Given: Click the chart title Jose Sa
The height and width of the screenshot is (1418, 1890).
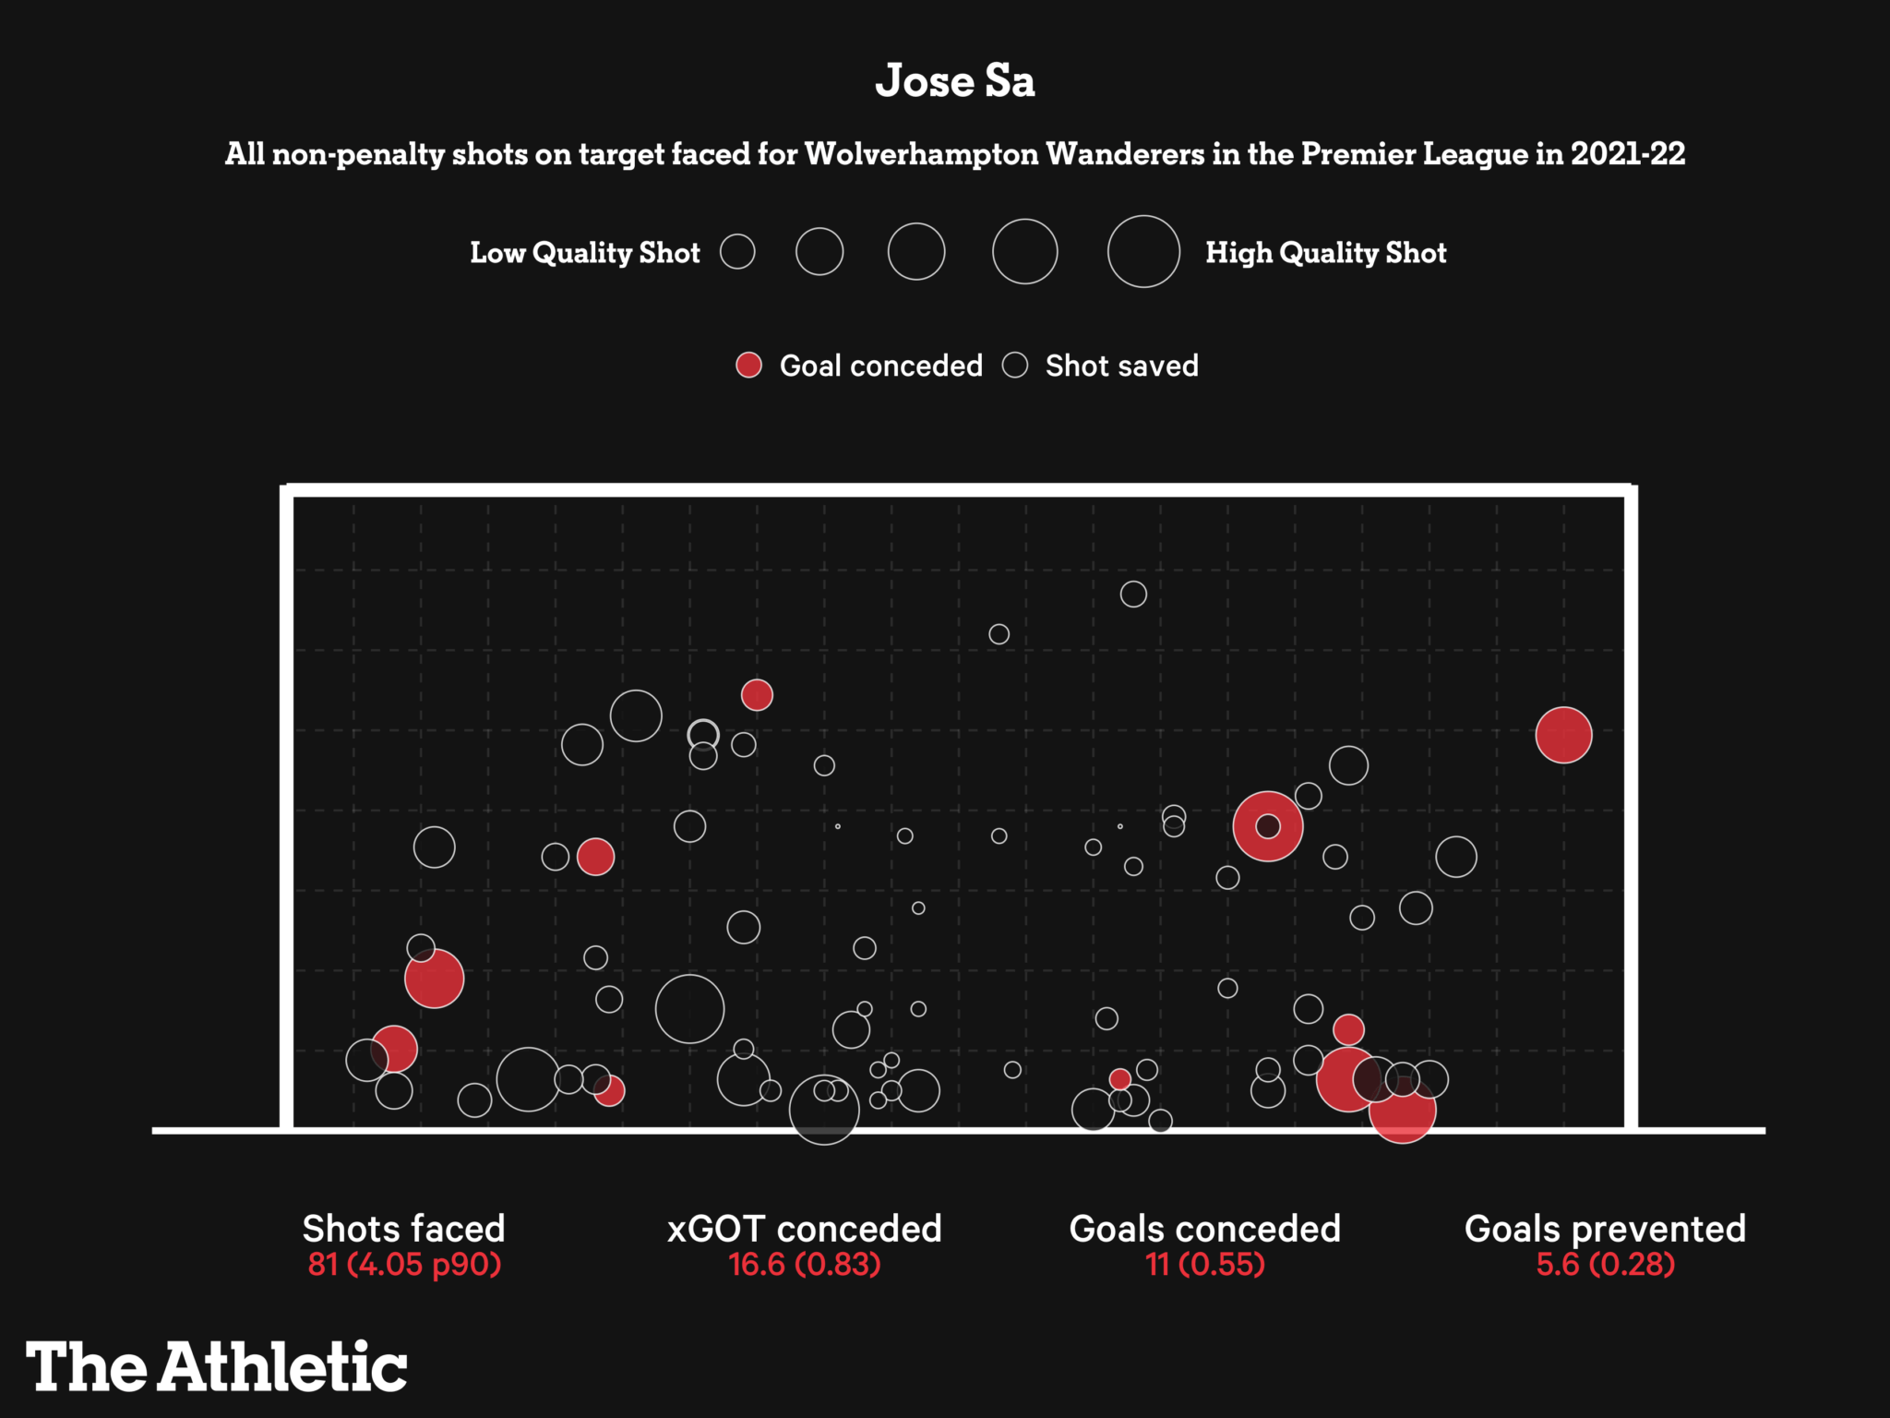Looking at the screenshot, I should [x=954, y=81].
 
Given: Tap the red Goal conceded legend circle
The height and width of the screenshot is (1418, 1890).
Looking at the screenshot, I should [x=748, y=366].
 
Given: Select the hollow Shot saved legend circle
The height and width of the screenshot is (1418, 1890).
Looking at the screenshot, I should [x=1015, y=366].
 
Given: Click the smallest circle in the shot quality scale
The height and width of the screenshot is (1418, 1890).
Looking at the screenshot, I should [x=737, y=251].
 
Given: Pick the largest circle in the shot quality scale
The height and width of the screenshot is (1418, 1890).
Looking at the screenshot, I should [x=1143, y=251].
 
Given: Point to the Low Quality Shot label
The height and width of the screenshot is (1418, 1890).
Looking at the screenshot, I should [x=585, y=253].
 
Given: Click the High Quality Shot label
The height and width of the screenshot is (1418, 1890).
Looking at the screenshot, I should [x=1325, y=253].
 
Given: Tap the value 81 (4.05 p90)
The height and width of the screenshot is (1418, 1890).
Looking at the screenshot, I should [x=404, y=1264].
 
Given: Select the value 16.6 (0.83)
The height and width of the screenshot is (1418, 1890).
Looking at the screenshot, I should [x=804, y=1264].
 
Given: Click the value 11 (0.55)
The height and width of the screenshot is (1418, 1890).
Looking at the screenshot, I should [x=1204, y=1264].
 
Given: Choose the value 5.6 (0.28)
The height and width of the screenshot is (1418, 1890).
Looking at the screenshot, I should [x=1605, y=1264].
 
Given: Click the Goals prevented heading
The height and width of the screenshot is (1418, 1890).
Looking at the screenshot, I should [x=1605, y=1229].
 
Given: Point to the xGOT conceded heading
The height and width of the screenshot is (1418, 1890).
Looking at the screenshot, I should [x=804, y=1229].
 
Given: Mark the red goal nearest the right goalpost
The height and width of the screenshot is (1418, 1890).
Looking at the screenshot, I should [x=1563, y=735].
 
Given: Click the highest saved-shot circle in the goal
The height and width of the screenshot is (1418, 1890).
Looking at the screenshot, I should [x=1133, y=594].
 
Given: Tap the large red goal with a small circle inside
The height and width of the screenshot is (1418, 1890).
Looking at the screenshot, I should [x=1267, y=826].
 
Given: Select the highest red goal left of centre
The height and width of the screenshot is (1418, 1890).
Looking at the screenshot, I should [x=757, y=694].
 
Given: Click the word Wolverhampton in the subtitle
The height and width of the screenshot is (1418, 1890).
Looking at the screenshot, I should [x=922, y=154].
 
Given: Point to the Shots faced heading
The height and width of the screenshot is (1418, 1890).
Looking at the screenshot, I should [x=404, y=1229].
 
